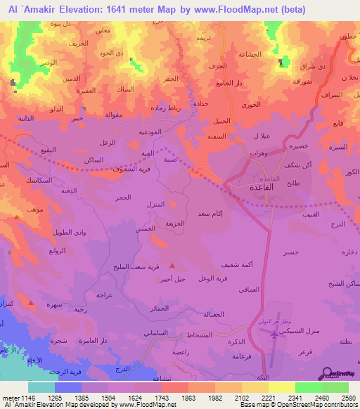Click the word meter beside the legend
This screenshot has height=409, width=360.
click(9, 397)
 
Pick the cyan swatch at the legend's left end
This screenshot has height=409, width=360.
click(41, 387)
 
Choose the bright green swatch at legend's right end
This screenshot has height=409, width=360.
click(335, 387)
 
